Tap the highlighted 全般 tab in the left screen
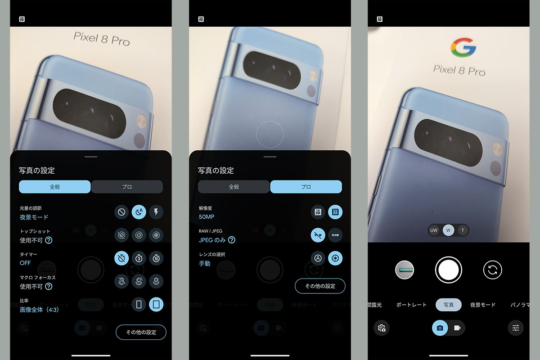tap(54, 187)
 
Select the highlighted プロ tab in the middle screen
tap(306, 187)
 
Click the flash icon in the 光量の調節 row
tap(156, 212)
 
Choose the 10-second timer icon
tap(156, 258)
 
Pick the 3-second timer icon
tap(139, 258)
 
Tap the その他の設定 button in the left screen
tap(141, 332)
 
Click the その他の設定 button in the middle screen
tap(320, 286)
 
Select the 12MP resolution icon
tap(318, 212)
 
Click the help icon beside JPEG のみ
tap(231, 240)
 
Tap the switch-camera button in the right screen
tap(492, 270)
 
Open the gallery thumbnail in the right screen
tap(405, 270)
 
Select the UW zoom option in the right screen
tap(434, 230)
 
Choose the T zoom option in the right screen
tap(463, 230)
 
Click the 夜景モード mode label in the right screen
tap(483, 305)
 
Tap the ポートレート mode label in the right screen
tap(411, 305)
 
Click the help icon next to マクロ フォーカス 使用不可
tap(48, 286)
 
